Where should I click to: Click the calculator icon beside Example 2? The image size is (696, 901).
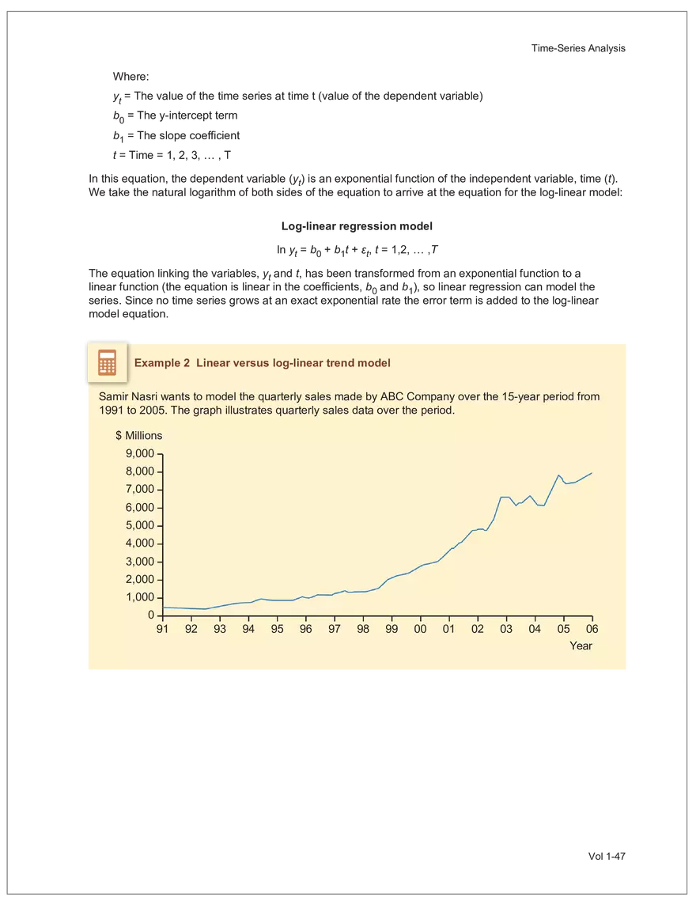(107, 362)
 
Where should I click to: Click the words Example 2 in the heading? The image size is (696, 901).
(162, 363)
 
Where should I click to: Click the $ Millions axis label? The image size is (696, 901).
(138, 436)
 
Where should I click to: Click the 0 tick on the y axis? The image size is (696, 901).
(150, 616)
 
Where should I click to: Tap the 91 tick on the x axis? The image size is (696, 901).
(162, 630)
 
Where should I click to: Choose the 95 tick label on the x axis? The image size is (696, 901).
(277, 630)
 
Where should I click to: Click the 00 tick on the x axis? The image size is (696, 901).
(420, 630)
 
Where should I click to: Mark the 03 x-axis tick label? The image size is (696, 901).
(506, 630)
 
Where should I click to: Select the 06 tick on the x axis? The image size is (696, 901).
(592, 630)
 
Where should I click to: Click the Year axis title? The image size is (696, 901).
(581, 645)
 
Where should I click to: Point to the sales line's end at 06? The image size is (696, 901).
(592, 473)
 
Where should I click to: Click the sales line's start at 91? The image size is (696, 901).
(163, 608)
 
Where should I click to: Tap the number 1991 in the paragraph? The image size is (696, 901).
(110, 411)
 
